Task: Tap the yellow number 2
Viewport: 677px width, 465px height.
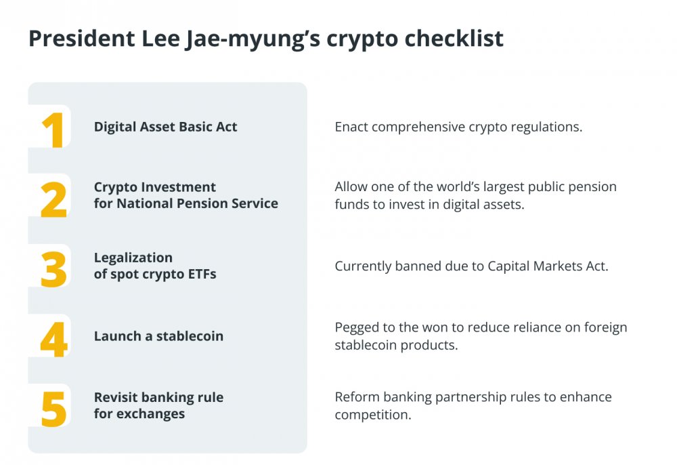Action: (53, 199)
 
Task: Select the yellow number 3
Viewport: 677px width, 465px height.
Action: (54, 270)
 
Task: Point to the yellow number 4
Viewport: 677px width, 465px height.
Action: (54, 340)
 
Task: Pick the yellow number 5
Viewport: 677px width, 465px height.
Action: (54, 409)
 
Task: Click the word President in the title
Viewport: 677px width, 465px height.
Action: (82, 38)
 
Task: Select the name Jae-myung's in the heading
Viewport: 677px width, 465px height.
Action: (253, 39)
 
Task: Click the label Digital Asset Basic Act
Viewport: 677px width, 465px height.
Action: (165, 127)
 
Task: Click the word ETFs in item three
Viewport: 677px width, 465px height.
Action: (202, 274)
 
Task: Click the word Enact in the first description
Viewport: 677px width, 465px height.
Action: (351, 127)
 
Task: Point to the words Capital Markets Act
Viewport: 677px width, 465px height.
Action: (548, 266)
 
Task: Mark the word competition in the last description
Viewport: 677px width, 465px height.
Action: (373, 415)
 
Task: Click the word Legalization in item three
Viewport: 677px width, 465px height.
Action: (133, 258)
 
